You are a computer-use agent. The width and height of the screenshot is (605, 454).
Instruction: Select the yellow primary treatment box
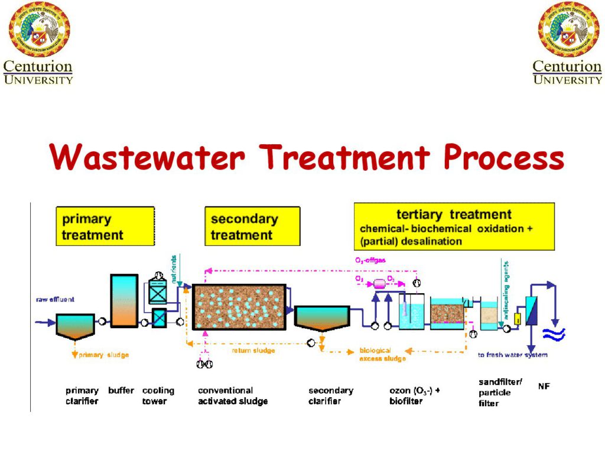click(x=105, y=226)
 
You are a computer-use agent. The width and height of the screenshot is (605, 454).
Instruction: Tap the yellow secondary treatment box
click(x=252, y=226)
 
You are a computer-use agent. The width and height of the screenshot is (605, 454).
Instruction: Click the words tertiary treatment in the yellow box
click(x=454, y=215)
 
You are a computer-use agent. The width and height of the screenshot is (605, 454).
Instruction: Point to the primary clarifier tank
click(x=75, y=326)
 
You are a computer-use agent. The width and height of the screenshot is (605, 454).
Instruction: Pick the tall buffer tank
click(x=124, y=301)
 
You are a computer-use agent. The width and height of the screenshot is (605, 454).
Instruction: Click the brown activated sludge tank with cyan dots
click(x=239, y=306)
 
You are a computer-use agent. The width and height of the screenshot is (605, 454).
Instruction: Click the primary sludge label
click(x=103, y=355)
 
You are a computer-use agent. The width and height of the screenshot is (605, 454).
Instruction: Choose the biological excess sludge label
click(x=382, y=355)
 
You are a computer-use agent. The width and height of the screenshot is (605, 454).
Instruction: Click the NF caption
click(x=544, y=387)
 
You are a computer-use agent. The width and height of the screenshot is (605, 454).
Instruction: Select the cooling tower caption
click(x=158, y=395)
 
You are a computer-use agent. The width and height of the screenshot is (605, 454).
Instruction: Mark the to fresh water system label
click(x=512, y=355)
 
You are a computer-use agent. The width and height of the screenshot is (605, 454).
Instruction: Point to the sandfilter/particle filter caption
click(x=500, y=393)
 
